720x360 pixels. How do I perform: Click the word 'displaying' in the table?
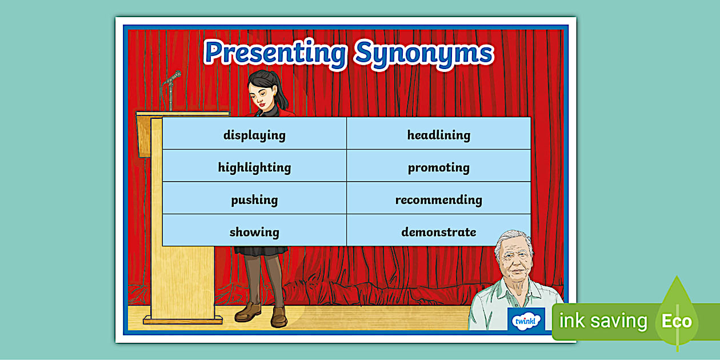point(254,135)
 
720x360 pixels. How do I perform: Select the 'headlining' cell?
point(439,133)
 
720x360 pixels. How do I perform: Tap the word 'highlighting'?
point(254,168)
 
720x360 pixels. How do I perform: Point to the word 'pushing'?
point(254,200)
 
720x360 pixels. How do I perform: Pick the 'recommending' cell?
point(439,198)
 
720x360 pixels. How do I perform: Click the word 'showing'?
point(254,233)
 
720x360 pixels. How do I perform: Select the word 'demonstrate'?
point(439,232)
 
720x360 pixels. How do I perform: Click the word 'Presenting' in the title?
point(275,53)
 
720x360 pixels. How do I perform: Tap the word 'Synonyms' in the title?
point(424,54)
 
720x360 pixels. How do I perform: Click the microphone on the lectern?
point(173,78)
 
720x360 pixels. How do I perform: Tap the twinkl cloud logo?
point(526,321)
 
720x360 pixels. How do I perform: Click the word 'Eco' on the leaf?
point(677,321)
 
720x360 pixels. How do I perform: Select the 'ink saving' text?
point(603,321)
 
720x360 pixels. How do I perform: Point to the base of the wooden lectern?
point(183,320)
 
